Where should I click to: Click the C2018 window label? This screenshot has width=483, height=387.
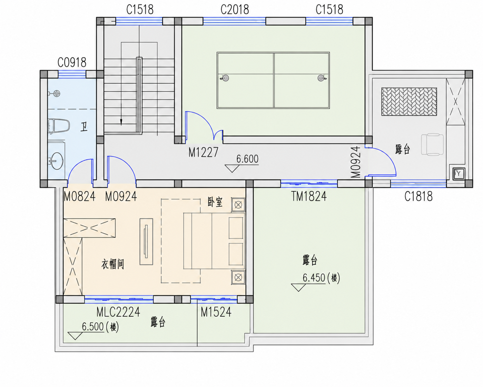point(235,10)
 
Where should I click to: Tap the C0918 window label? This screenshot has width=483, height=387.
point(72,62)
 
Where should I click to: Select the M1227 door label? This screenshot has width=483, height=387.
point(203,152)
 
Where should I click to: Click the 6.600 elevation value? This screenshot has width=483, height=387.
point(247,159)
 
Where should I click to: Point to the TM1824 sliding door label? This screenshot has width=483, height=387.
point(309,196)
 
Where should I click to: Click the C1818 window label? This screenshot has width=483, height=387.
point(418,196)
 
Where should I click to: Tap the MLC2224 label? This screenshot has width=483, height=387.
point(118,312)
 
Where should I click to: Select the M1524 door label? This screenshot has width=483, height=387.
point(216,312)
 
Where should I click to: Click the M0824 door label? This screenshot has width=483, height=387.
point(79,196)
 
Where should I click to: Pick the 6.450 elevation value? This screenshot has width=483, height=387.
point(314,278)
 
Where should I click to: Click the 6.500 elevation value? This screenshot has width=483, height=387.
point(93,326)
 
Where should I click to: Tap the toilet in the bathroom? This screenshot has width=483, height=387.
point(59,126)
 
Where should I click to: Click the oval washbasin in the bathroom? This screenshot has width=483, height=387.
point(57,161)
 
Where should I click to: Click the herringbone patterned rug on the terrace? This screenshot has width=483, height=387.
point(409,102)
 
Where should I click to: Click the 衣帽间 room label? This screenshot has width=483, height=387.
point(113,264)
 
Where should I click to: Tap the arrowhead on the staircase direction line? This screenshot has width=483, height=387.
point(121,122)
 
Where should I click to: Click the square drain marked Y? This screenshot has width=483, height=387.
point(459,174)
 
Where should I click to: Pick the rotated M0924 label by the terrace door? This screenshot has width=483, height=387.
point(356,162)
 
